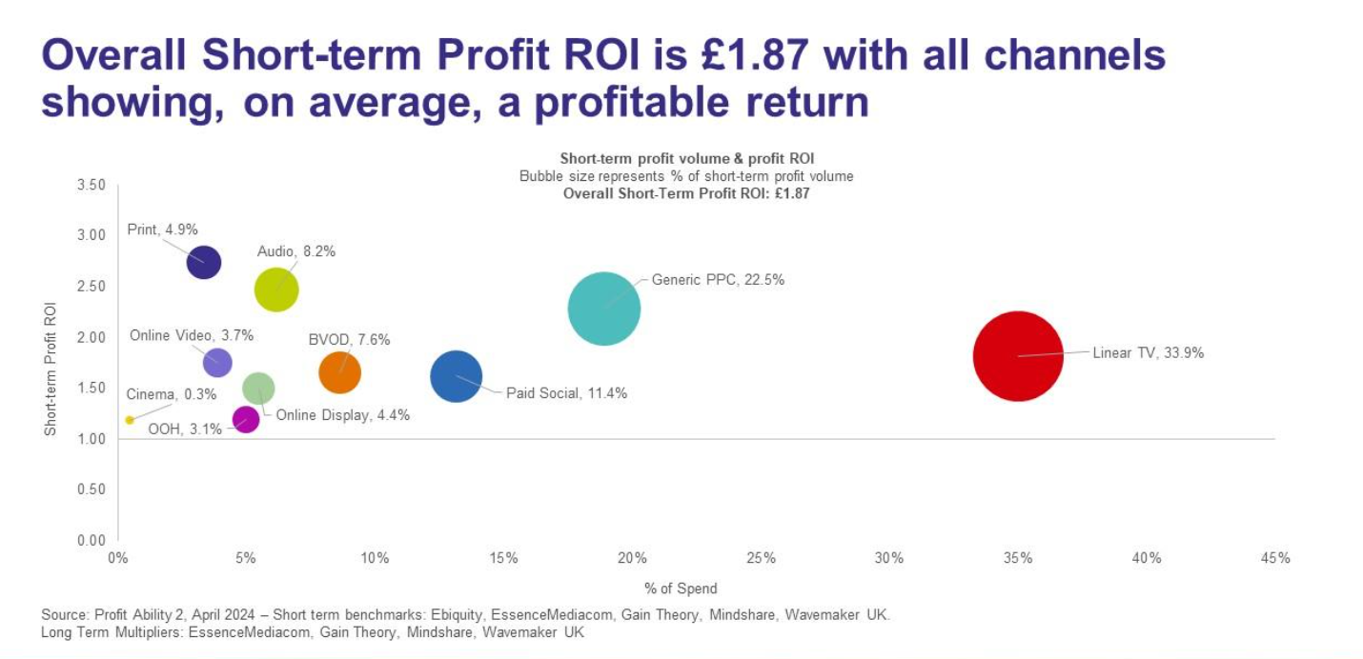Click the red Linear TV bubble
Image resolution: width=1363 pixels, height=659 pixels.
click(1018, 356)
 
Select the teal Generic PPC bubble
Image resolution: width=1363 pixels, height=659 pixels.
click(603, 308)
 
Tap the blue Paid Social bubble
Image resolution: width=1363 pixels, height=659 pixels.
click(457, 376)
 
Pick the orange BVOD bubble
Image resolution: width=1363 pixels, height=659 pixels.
click(339, 371)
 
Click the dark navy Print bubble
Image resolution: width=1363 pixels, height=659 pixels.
click(203, 261)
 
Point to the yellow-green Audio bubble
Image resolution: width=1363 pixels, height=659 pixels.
click(276, 290)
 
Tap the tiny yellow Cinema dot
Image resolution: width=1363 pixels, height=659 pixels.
click(130, 420)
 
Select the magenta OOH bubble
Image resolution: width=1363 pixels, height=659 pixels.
click(246, 419)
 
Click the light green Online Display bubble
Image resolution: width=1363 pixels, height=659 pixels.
click(258, 388)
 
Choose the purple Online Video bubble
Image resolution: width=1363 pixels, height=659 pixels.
click(217, 362)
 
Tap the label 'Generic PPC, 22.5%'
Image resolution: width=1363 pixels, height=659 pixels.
click(718, 280)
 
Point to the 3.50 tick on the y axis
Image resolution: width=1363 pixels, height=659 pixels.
click(91, 184)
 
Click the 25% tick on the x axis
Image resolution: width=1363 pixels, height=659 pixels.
click(761, 558)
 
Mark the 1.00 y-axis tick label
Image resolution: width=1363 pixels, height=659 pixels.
click(91, 438)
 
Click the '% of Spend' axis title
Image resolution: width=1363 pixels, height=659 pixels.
click(681, 588)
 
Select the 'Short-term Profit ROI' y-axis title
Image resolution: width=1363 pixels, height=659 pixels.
click(51, 369)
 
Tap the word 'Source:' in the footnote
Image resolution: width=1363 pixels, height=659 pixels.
click(65, 614)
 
